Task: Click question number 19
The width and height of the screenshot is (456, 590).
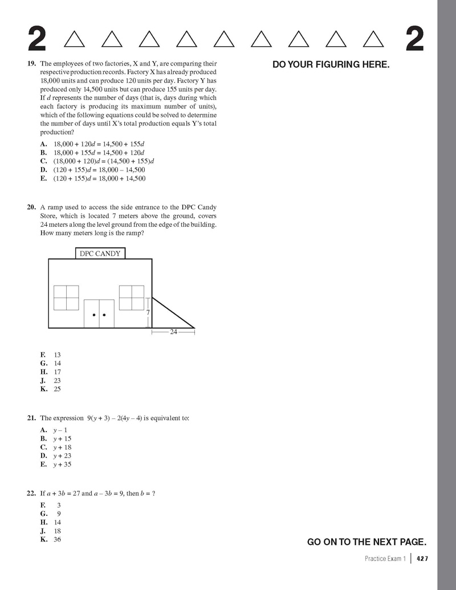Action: pyautogui.click(x=32, y=64)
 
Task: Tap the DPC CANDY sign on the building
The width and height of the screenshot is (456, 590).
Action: pyautogui.click(x=100, y=254)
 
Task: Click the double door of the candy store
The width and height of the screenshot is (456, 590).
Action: pyautogui.click(x=99, y=314)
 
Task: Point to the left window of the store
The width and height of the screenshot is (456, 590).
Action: pyautogui.click(x=66, y=297)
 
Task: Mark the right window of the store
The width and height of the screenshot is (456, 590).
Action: pyautogui.click(x=132, y=297)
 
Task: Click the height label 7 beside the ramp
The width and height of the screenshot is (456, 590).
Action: pyautogui.click(x=148, y=313)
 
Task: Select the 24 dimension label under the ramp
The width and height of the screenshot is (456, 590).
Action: pyautogui.click(x=174, y=331)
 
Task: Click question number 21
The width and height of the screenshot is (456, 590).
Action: pyautogui.click(x=32, y=418)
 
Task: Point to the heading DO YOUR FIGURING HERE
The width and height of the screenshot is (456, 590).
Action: pyautogui.click(x=331, y=65)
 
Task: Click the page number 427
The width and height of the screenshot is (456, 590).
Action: pyautogui.click(x=422, y=559)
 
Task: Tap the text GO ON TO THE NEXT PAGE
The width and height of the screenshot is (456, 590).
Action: pyautogui.click(x=367, y=542)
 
